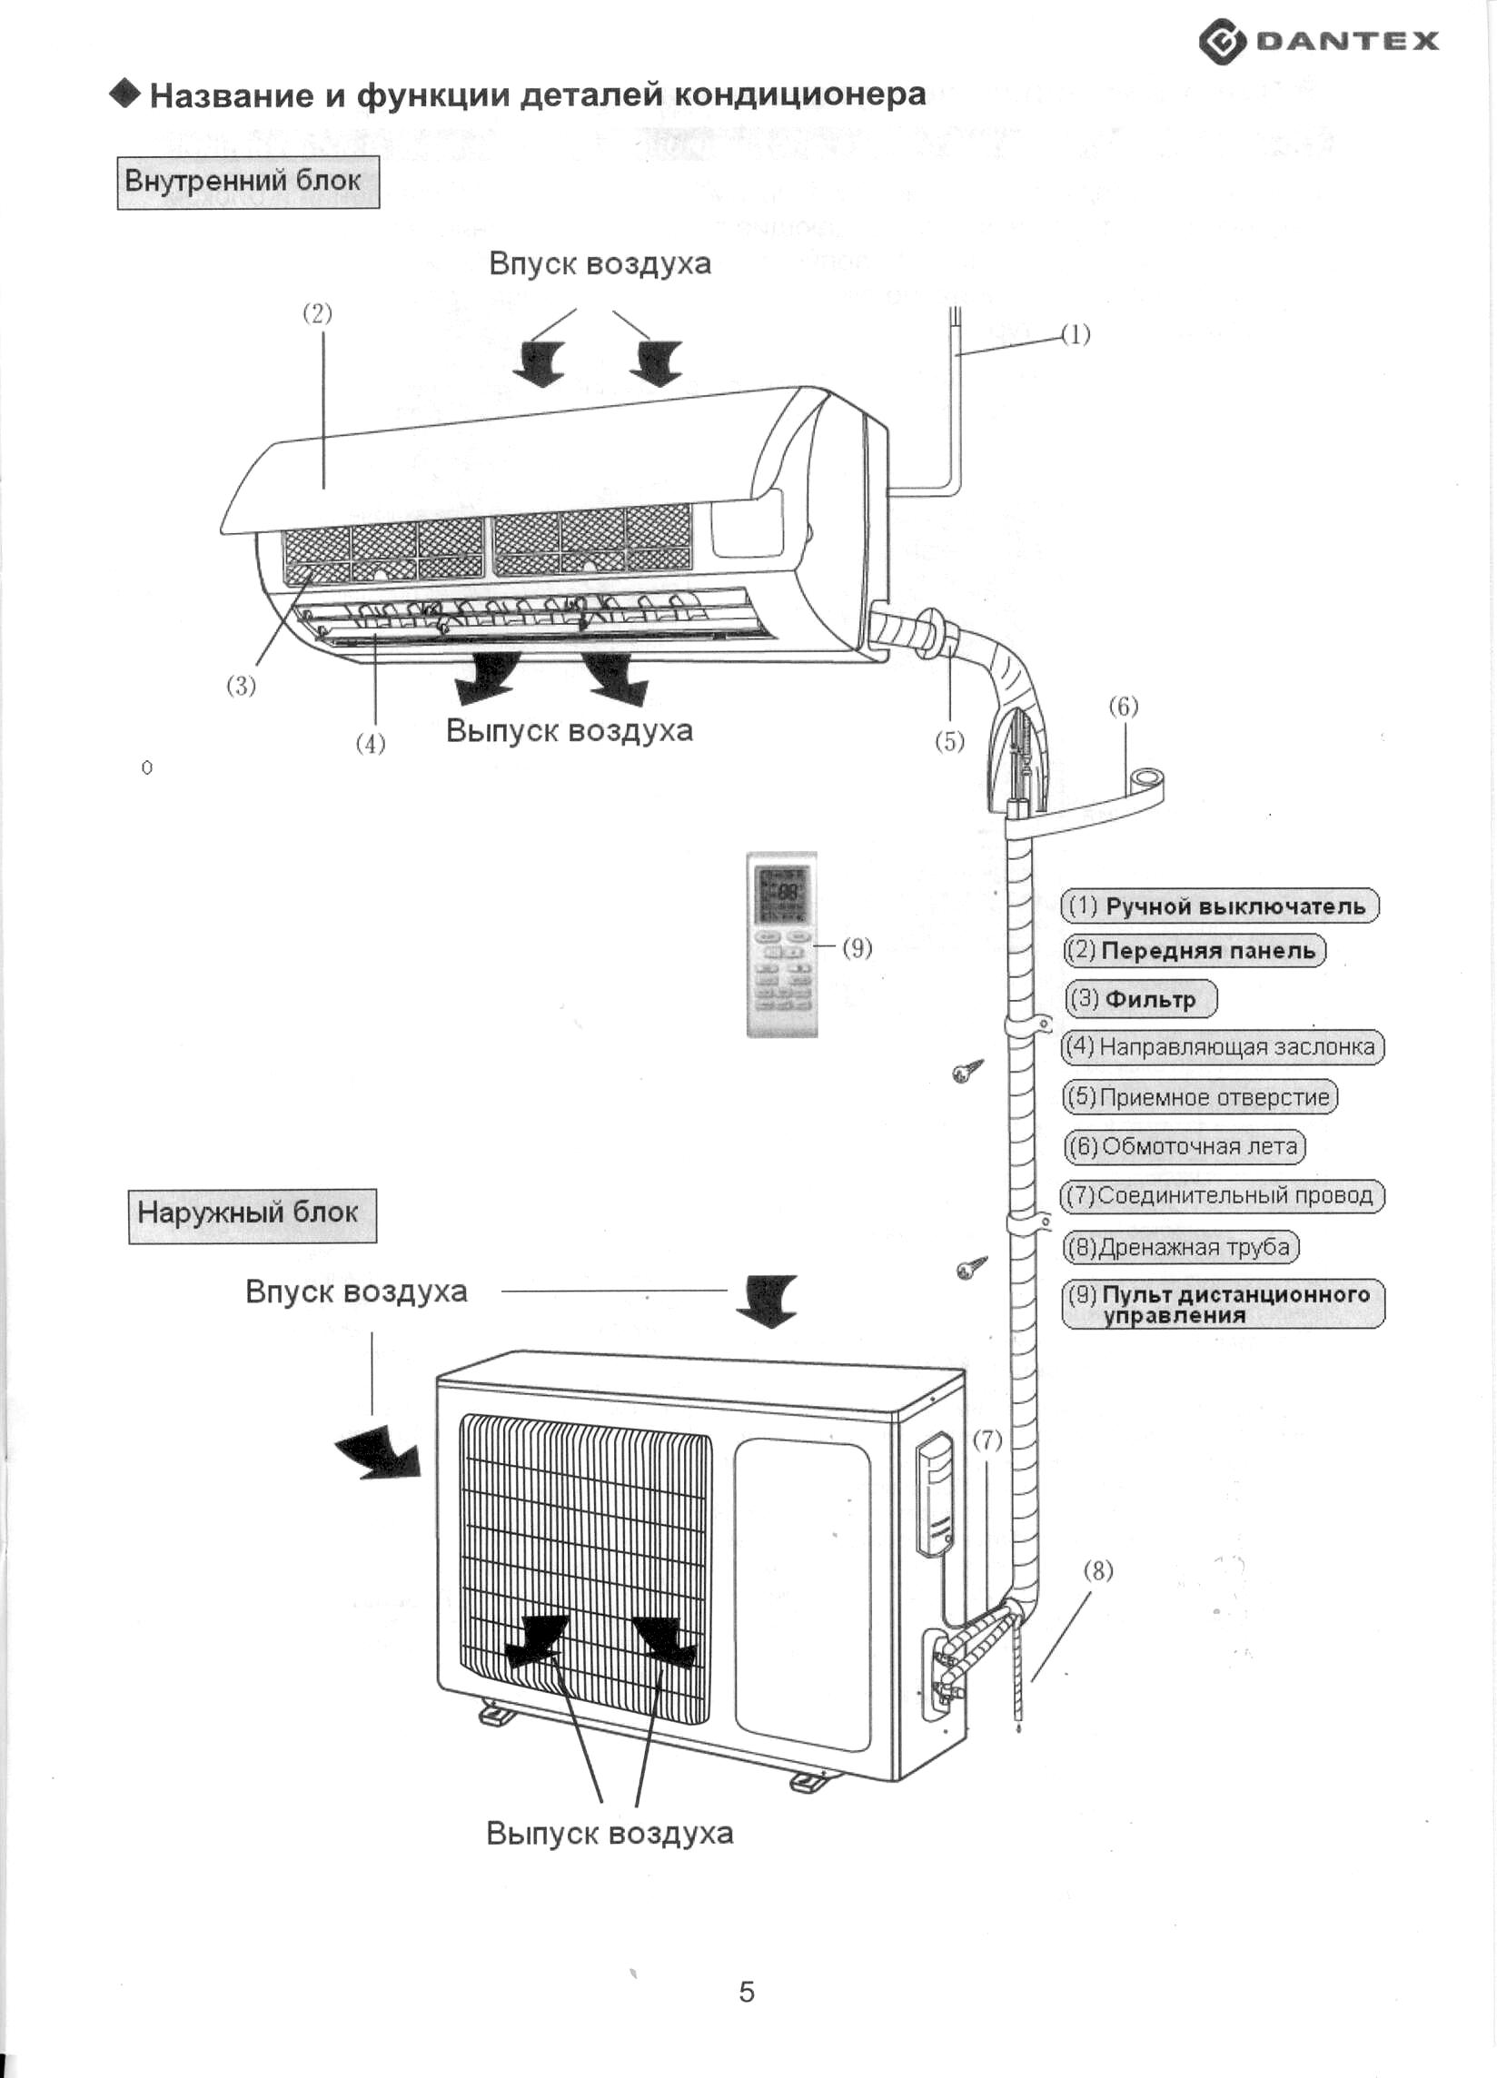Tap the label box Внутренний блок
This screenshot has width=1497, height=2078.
coord(248,183)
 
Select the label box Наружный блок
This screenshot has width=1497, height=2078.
coord(252,1216)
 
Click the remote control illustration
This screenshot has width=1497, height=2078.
coord(782,944)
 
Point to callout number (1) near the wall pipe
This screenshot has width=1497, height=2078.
coord(1076,334)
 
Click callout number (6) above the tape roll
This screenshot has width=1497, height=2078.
coord(1124,707)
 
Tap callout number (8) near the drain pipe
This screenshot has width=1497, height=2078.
coord(1098,1570)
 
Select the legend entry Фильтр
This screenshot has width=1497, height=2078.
coord(1141,999)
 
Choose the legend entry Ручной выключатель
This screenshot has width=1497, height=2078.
coord(1220,906)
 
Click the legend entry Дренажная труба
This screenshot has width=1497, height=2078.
coord(1181,1247)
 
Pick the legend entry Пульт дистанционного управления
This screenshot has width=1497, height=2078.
coord(1223,1304)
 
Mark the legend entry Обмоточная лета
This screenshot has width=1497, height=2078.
coord(1184,1146)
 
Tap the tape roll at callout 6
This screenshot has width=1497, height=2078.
coord(1146,785)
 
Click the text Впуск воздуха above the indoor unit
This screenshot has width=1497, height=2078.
coord(600,264)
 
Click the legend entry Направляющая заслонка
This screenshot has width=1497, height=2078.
coord(1222,1046)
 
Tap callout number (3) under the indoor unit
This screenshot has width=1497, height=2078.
coord(241,686)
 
